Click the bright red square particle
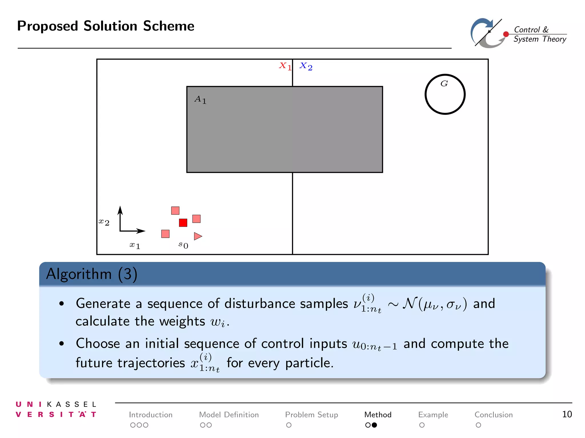(183, 223)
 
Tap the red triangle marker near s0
(197, 236)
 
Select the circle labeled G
(445, 94)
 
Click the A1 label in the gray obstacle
(200, 100)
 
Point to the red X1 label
(285, 66)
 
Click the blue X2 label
(306, 66)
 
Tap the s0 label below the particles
(183, 245)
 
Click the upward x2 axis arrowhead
(120, 210)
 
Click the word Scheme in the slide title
(169, 26)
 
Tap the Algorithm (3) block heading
(92, 274)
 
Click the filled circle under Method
(374, 425)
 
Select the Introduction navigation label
(151, 415)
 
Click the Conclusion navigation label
(494, 415)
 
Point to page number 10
(567, 414)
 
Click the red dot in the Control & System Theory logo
(506, 34)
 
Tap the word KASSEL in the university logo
(72, 404)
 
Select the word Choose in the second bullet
(98, 343)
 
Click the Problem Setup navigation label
(311, 415)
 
